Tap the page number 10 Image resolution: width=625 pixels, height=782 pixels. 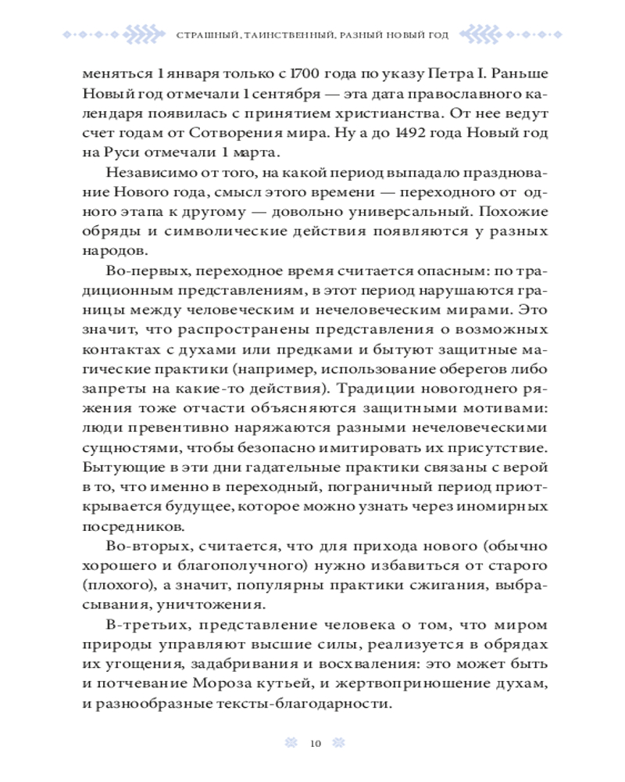[315, 743]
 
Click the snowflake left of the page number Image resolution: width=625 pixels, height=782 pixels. [290, 743]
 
